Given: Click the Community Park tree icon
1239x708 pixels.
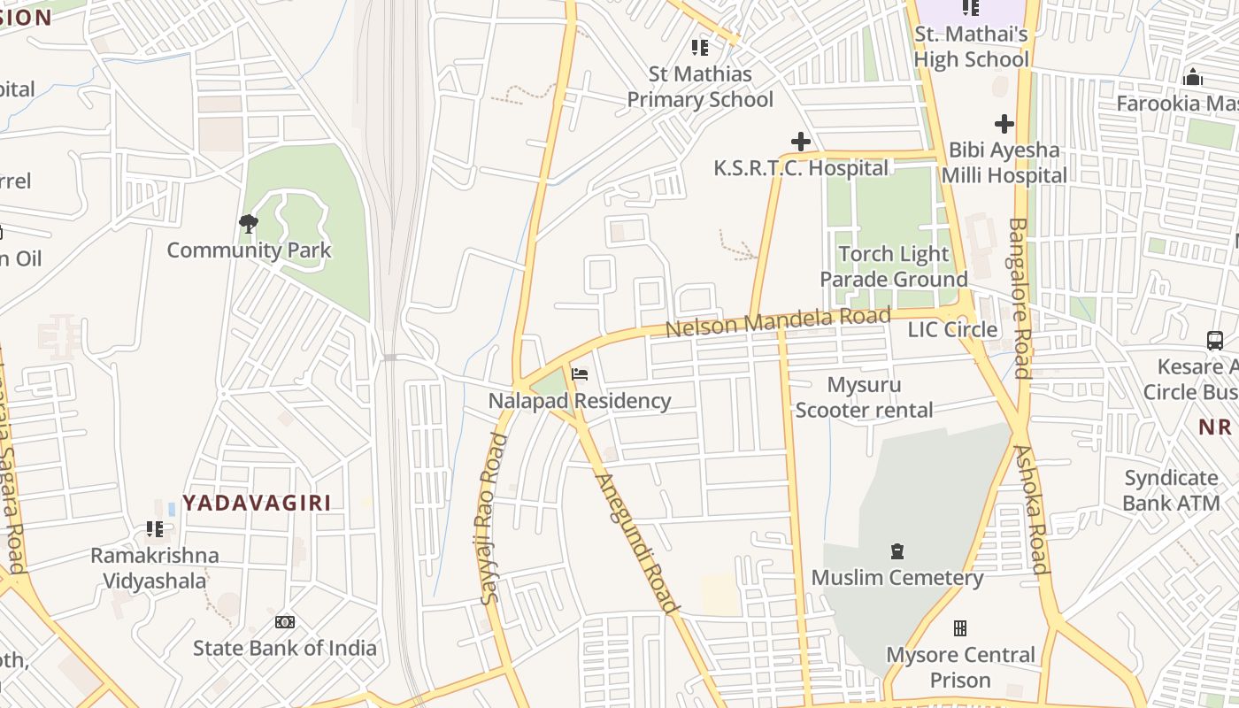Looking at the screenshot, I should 249,224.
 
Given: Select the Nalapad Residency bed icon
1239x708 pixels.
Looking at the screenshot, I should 580,374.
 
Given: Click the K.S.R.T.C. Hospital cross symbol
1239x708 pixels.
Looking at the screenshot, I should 801,142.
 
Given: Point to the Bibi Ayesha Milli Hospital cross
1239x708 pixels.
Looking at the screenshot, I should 1004,124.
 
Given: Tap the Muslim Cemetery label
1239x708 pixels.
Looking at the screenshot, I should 897,578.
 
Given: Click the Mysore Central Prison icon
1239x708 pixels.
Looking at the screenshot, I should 960,628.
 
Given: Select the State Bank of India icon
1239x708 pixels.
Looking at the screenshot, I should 284,622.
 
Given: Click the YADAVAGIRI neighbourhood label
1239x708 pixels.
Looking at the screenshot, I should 257,503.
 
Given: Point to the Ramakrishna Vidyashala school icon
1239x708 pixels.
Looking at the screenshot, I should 155,529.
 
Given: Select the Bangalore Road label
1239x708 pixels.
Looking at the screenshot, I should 1022,297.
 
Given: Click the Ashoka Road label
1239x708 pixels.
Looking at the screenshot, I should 1032,509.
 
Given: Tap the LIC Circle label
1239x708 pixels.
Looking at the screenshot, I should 952,329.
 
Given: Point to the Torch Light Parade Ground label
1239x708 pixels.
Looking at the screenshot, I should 893,266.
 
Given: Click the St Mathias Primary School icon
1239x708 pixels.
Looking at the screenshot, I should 700,47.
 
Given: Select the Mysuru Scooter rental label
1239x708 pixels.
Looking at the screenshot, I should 864,397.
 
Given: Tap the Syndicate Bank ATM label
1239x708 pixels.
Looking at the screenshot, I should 1171,490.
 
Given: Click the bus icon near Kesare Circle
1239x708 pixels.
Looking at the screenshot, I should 1215,340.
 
